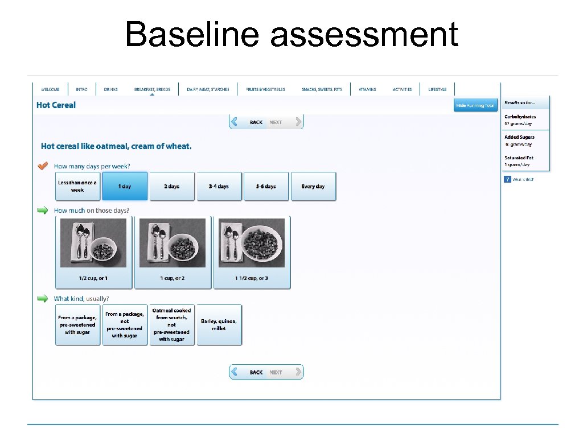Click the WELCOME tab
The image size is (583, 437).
50,89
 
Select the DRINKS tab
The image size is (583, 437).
110,89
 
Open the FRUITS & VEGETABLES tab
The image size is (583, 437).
265,89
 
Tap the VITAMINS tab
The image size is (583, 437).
367,89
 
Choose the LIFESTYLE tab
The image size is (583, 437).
437,89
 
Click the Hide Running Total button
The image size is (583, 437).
475,105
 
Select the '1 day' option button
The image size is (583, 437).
125,186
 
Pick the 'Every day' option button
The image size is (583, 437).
313,186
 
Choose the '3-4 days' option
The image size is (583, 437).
219,186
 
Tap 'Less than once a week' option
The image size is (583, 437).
77,186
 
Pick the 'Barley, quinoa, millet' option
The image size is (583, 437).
219,325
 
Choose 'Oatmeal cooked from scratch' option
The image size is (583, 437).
171,325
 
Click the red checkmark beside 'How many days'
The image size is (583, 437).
43,166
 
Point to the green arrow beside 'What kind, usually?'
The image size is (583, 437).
43,298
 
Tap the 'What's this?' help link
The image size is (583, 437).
523,180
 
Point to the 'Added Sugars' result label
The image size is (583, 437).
519,137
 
